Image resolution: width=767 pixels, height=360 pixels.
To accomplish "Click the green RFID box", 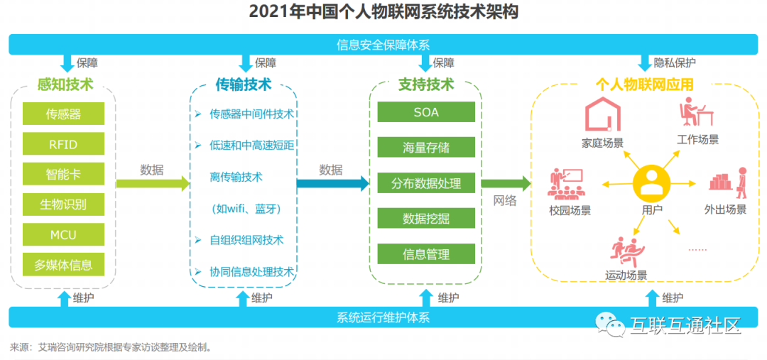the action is (63, 143).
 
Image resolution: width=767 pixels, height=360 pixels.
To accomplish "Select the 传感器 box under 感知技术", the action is (63, 114).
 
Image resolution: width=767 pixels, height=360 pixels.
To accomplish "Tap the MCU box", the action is (63, 234).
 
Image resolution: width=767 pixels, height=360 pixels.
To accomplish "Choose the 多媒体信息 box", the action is (63, 265).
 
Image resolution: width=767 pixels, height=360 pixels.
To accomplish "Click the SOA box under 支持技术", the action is (426, 112).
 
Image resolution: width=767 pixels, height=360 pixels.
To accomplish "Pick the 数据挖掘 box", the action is (426, 218).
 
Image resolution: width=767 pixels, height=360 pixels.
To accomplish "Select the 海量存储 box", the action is (426, 148).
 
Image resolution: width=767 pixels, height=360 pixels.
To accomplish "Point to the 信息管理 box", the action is (426, 253).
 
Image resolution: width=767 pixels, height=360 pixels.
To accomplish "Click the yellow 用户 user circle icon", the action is (651, 183).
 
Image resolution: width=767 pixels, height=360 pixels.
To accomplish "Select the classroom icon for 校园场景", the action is (566, 183).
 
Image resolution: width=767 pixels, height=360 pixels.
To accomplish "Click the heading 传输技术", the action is (243, 84).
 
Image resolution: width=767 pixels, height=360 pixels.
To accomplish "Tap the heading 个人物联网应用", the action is (644, 85).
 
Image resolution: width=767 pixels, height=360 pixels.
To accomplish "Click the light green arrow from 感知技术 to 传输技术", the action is (153, 184).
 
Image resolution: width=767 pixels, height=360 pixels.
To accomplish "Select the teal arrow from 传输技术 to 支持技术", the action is (332, 184).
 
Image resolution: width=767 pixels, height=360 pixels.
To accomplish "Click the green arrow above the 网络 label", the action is (506, 184).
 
